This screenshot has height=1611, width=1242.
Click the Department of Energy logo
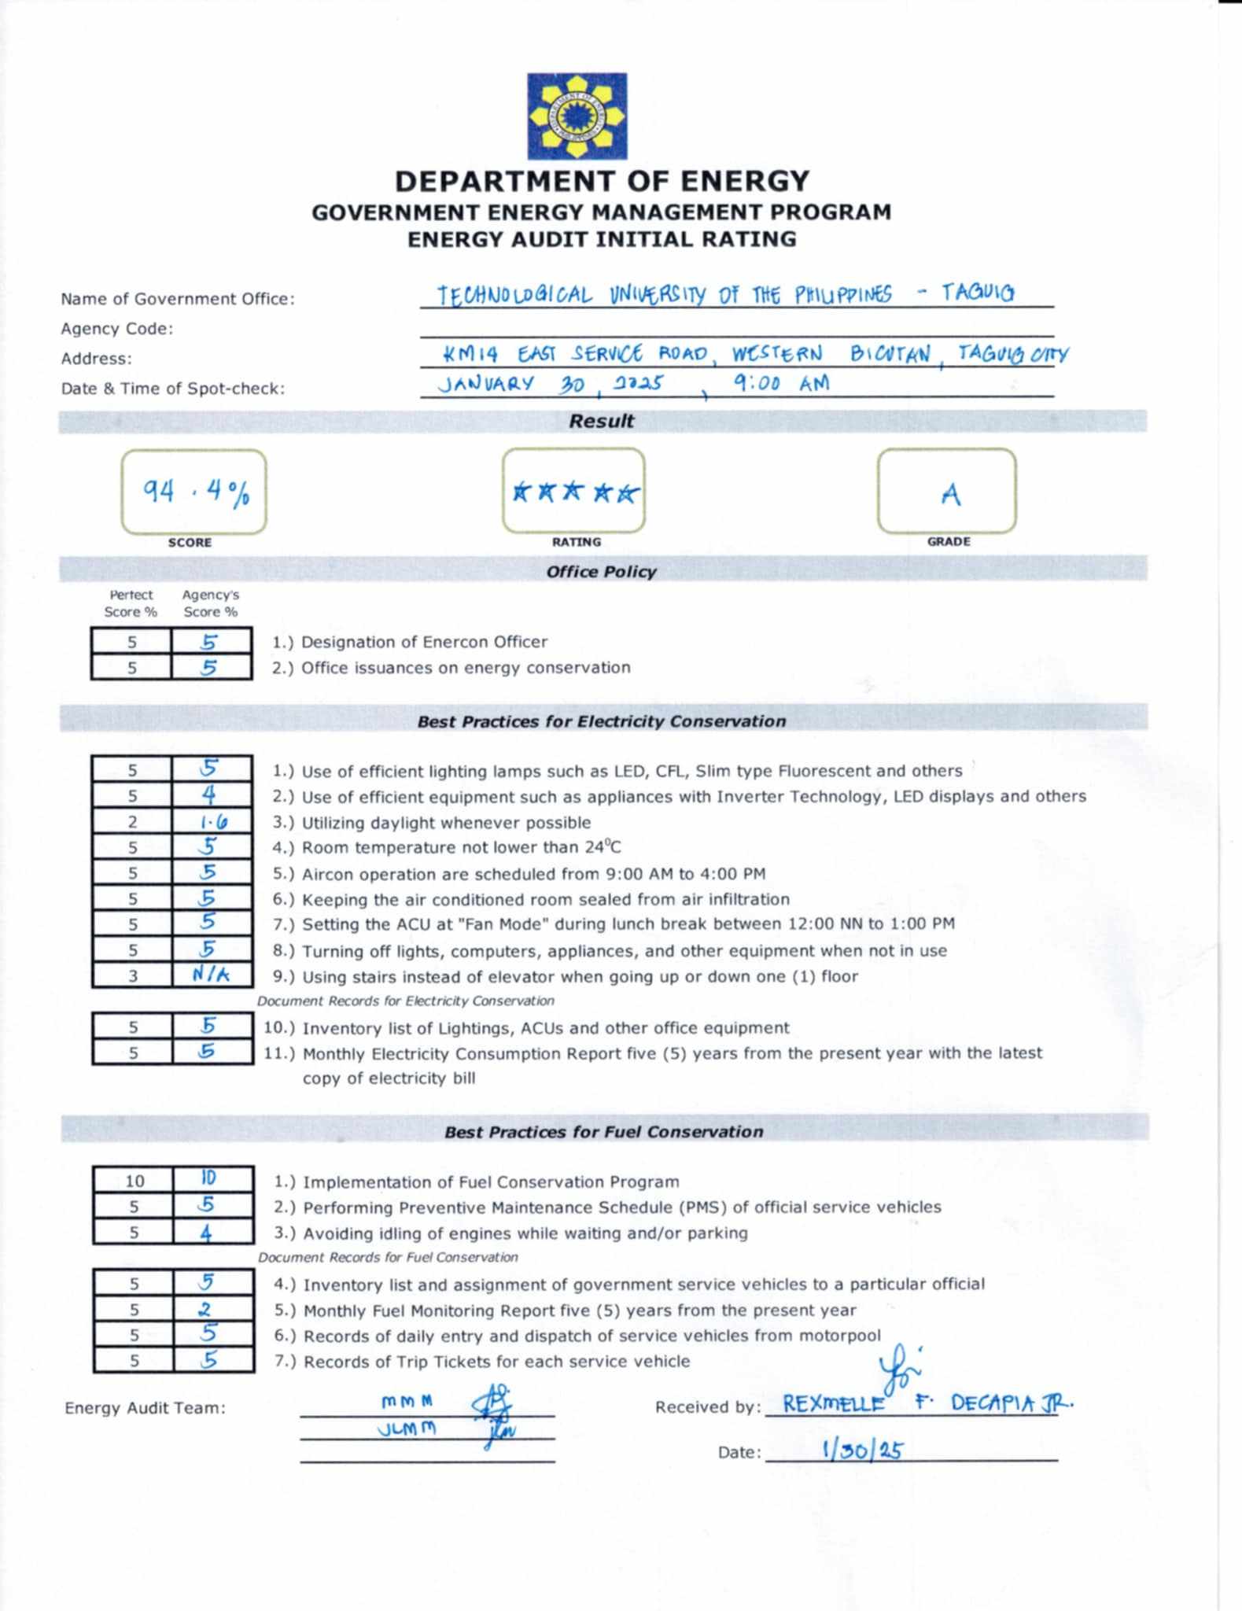(x=577, y=116)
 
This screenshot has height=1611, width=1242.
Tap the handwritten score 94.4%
(x=196, y=492)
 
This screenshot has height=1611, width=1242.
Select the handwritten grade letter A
(x=950, y=494)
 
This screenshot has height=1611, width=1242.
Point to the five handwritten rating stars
(x=575, y=493)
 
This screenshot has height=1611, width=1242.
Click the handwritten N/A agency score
(x=211, y=975)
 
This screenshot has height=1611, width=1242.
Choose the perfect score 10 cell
(x=135, y=1181)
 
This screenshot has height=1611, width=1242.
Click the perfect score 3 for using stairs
(x=133, y=976)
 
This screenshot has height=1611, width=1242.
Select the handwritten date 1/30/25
(x=861, y=1450)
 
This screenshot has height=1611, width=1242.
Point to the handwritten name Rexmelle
(x=834, y=1403)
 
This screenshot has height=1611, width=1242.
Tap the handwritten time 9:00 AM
(x=781, y=383)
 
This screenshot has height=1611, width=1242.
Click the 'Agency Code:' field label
(x=117, y=329)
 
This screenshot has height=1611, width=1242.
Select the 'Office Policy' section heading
(x=601, y=572)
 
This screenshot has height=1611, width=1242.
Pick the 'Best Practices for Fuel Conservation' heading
(x=603, y=1132)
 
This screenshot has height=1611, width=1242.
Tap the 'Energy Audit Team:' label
(x=145, y=1408)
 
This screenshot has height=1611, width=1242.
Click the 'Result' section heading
(x=601, y=421)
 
